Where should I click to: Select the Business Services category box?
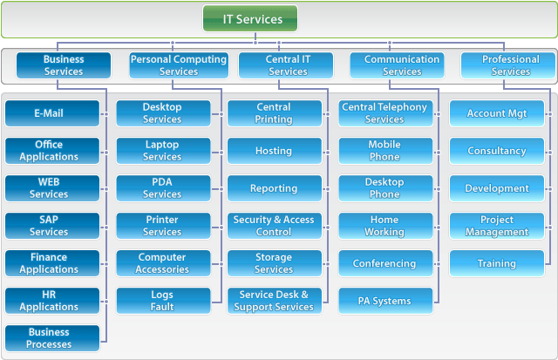point(64,65)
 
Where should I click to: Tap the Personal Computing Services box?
point(178,65)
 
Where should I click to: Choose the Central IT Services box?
point(287,65)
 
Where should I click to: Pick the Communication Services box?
point(397,65)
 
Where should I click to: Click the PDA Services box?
point(163,188)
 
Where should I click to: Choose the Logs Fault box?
point(163,301)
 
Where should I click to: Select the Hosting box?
point(274,151)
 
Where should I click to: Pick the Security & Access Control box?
point(274,226)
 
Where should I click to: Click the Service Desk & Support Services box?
point(274,301)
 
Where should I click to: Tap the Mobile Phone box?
point(384,151)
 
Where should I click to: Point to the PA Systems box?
point(384,301)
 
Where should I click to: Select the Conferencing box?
point(384,263)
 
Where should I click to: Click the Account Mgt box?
point(496,113)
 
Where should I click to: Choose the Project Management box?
point(496,226)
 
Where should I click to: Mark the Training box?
point(496,263)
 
